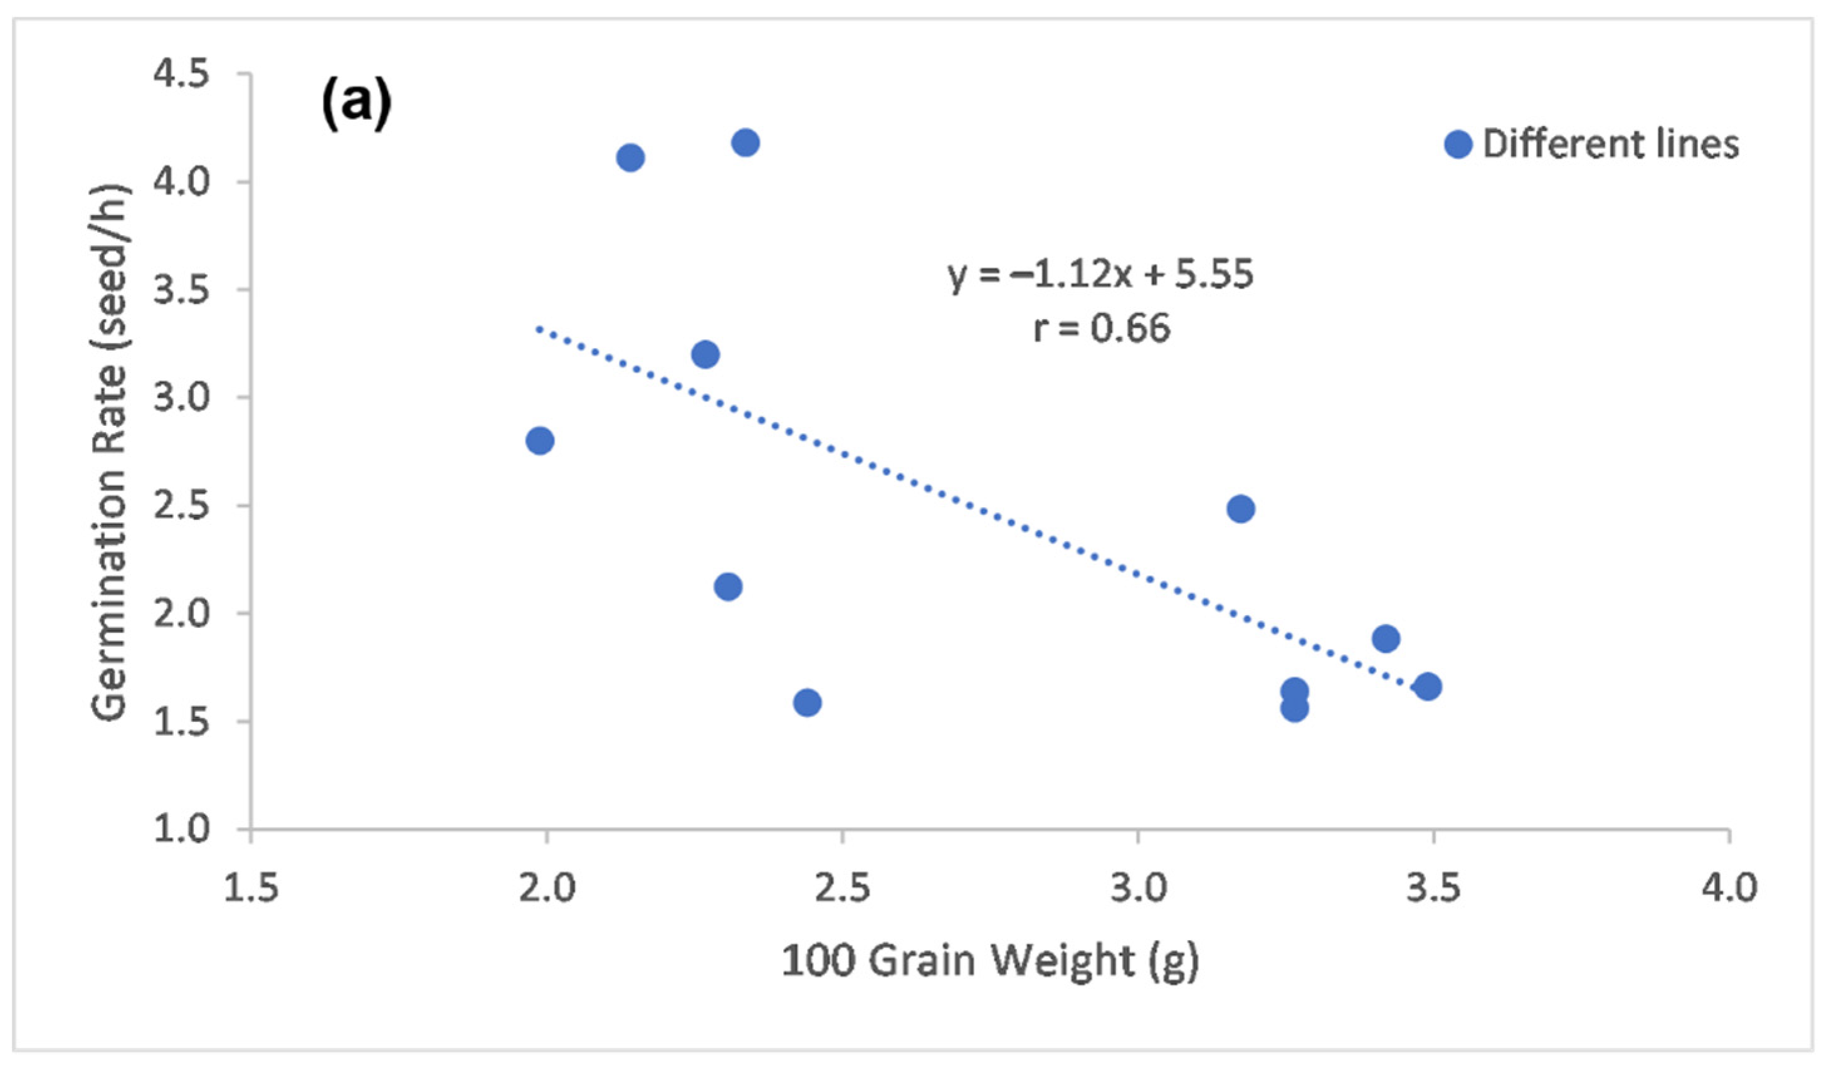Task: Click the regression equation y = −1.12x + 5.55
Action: (1100, 275)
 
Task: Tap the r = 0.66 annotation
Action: (1101, 329)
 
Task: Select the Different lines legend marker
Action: (1458, 144)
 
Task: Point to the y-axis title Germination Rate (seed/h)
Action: (110, 453)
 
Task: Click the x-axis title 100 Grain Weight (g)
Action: (989, 962)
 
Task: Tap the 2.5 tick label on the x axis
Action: (842, 888)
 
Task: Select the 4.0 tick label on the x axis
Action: (1729, 888)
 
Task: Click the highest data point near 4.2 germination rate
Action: (745, 142)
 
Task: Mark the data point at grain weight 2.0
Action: (539, 440)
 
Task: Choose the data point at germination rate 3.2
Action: (705, 355)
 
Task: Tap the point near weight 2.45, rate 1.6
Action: (807, 702)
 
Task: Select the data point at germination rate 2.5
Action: (1241, 509)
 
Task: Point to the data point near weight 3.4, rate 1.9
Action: (1385, 638)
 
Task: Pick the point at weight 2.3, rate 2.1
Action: (727, 586)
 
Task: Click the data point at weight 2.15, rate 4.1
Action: (630, 158)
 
